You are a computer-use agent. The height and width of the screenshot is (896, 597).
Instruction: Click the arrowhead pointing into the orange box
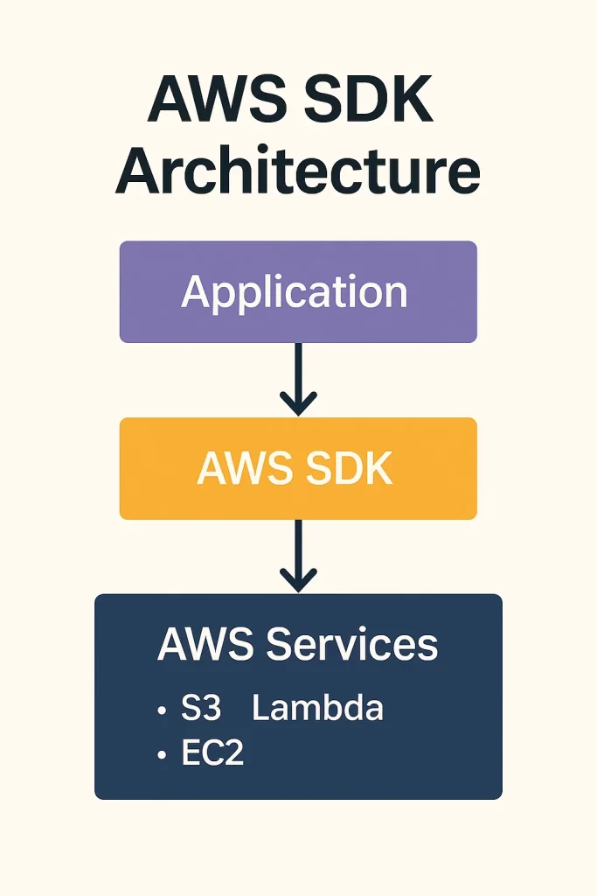pos(298,405)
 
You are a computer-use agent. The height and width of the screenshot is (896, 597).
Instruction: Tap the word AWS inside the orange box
pos(240,470)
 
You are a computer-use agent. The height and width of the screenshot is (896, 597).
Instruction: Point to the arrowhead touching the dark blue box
pos(298,581)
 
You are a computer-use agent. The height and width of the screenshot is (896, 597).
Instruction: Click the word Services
pos(352,645)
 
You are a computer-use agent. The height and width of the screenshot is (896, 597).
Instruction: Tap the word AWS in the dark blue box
pos(206,645)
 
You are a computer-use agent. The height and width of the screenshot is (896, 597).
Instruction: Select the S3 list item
pos(201,708)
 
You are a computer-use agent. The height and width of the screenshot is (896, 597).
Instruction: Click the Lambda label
pos(317,708)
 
